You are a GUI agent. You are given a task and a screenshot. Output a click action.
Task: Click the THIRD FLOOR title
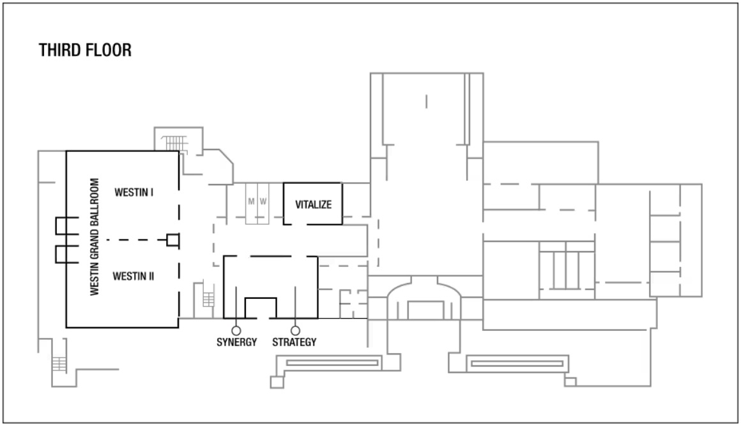85,50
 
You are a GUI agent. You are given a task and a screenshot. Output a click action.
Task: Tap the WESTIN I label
134,192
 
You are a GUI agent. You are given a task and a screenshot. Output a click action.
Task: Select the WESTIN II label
134,277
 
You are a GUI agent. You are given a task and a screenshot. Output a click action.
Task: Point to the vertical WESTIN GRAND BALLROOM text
95,236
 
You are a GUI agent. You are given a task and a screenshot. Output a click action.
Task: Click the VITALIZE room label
313,204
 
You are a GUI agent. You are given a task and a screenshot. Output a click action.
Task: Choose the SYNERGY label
237,342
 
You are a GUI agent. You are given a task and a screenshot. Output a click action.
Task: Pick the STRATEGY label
294,342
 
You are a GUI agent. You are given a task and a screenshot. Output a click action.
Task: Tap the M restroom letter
251,202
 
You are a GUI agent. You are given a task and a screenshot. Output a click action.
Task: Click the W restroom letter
263,202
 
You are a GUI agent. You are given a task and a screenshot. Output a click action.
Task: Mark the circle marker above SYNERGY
236,331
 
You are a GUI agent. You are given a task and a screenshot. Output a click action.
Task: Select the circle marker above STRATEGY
295,331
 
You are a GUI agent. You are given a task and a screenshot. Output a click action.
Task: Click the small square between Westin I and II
173,240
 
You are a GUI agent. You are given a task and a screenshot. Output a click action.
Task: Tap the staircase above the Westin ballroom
174,144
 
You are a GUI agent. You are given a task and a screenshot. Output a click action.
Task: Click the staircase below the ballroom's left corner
59,365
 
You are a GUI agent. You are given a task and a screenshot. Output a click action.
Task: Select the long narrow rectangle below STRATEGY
332,363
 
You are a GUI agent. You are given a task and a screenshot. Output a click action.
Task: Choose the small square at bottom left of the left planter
277,382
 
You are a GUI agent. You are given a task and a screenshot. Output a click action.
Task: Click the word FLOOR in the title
108,50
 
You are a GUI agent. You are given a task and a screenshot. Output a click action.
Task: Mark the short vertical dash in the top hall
426,102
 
